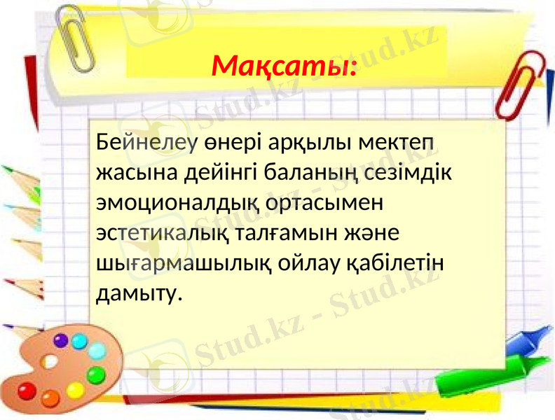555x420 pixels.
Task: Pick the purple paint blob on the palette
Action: [61, 341]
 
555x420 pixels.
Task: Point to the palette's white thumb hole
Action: [50, 363]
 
